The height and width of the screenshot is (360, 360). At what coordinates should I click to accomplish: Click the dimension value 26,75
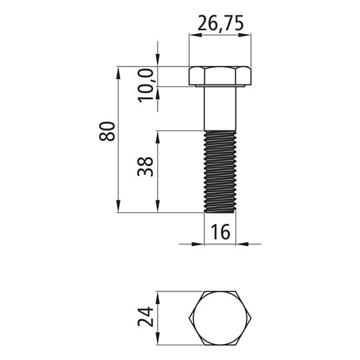point(220,23)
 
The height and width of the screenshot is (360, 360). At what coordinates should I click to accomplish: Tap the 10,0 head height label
point(146,85)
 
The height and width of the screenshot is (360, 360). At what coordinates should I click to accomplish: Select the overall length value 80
point(106,131)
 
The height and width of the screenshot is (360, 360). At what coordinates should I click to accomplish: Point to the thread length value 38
point(145,166)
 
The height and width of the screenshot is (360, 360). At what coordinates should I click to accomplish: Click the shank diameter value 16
point(220,232)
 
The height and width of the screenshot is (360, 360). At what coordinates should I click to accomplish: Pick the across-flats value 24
point(145,317)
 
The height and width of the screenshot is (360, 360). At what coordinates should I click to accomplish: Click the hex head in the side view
point(220,75)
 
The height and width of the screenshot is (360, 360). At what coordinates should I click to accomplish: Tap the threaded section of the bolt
point(220,172)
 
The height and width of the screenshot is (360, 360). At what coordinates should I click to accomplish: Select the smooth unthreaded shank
point(220,108)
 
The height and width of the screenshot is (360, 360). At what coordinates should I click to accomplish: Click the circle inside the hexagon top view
point(220,318)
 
